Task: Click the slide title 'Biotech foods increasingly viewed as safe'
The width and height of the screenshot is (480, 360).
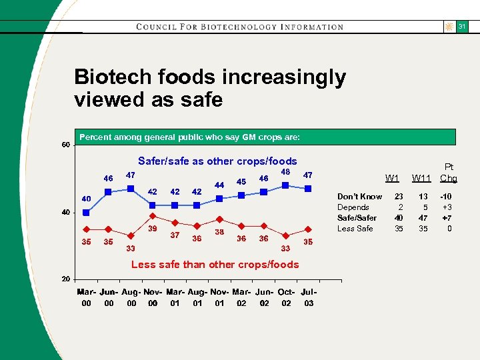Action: click(210, 88)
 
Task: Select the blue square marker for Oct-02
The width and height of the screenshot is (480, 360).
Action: click(286, 185)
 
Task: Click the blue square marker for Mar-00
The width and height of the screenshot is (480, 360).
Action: click(86, 213)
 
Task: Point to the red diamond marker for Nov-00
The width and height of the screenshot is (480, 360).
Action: click(153, 216)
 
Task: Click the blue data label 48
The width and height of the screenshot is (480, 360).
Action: click(285, 171)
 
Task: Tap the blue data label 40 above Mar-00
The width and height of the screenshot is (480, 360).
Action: click(86, 199)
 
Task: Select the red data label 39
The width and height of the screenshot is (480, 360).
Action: click(153, 229)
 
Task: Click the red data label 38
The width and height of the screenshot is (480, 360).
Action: click(219, 232)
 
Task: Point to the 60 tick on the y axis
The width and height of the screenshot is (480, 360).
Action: click(66, 145)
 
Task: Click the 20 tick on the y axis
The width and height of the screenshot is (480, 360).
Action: click(66, 278)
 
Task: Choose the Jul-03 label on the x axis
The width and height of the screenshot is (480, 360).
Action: click(308, 297)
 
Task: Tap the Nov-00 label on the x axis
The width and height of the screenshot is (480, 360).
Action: click(153, 297)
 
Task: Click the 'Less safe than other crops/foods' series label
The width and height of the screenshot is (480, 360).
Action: click(215, 265)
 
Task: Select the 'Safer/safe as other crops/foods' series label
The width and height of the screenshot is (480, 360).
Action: click(217, 161)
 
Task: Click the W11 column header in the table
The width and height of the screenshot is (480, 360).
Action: click(421, 178)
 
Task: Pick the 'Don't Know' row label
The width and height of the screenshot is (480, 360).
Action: click(359, 197)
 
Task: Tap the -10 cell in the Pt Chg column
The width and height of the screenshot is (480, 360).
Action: click(445, 197)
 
